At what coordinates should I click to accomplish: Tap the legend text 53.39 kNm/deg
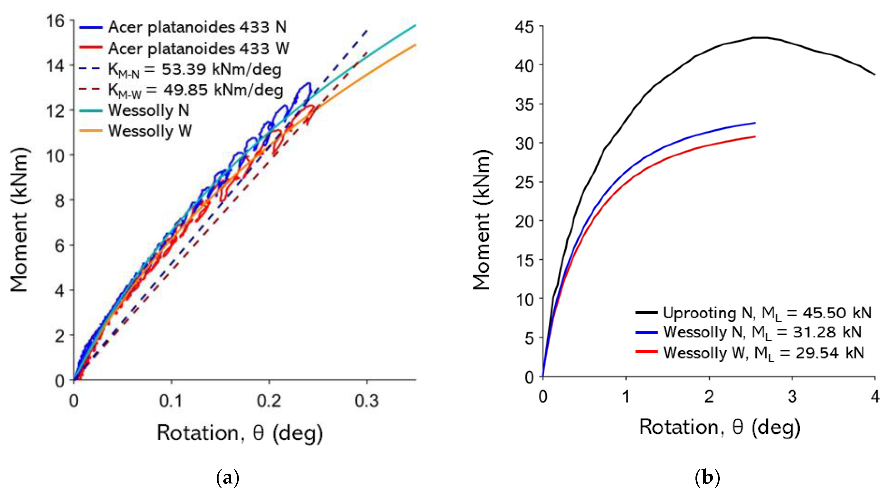click(221, 69)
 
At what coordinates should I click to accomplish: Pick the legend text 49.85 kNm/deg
click(223, 90)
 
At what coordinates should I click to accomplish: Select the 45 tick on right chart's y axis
click(524, 27)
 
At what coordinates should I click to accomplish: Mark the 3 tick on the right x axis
click(792, 397)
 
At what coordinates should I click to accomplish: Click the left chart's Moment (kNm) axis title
click(19, 220)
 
